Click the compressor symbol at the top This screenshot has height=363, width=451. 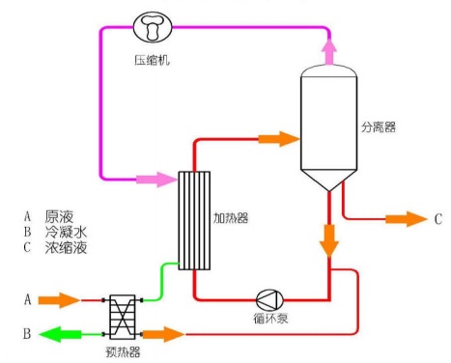click(x=153, y=27)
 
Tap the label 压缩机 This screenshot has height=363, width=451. click(x=152, y=60)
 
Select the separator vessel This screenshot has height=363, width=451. click(x=328, y=128)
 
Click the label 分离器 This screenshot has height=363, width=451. click(x=379, y=126)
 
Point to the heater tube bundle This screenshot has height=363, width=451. click(x=194, y=220)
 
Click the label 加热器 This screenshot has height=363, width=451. click(x=231, y=218)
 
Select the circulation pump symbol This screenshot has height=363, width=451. click(x=269, y=300)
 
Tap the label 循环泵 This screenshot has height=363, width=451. click(x=270, y=319)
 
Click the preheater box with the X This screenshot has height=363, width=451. click(x=123, y=317)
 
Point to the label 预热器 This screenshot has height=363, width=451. click(x=123, y=351)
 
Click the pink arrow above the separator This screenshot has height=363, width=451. click(x=329, y=51)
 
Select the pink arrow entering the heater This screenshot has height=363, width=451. click(x=156, y=180)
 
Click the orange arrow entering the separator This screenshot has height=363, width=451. click(x=279, y=139)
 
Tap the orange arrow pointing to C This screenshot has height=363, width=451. click(x=407, y=219)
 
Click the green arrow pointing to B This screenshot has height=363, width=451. click(x=60, y=334)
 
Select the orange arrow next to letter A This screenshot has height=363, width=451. click(x=59, y=300)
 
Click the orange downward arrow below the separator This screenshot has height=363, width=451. click(x=329, y=240)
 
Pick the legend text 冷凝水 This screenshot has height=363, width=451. click(x=66, y=232)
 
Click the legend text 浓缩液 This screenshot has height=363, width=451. click(x=66, y=247)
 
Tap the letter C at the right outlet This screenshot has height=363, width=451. click(x=438, y=219)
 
